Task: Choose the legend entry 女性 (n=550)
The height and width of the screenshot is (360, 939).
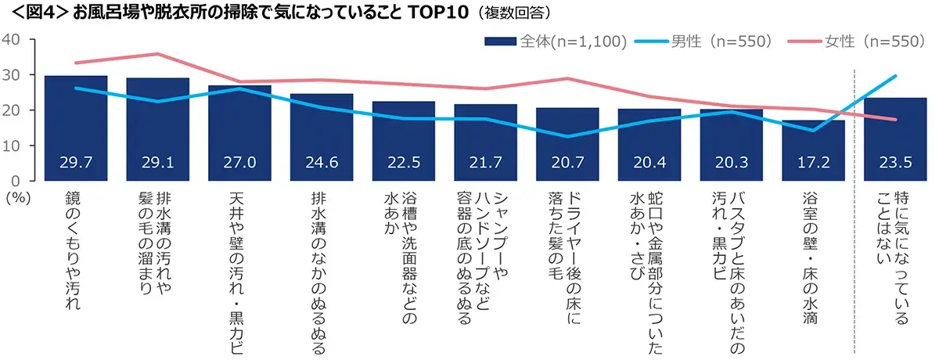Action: (x=861, y=41)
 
